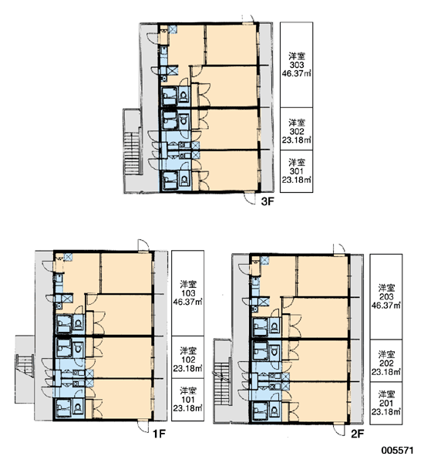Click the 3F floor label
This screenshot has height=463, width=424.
tap(268, 201)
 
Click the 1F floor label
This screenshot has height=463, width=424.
tap(160, 434)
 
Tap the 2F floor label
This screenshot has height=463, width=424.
tap(357, 434)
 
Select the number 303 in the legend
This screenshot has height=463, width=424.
tap(297, 65)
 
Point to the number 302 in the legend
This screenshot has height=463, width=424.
tap(297, 131)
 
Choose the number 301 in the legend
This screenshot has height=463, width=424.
tap(297, 171)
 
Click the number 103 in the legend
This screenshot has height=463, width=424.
tap(188, 293)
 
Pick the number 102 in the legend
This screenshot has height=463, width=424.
tap(188, 360)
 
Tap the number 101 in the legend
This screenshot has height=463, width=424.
tap(188, 400)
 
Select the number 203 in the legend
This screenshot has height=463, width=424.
tap(386, 297)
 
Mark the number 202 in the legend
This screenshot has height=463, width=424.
tap(386, 363)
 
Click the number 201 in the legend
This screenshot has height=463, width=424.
tap(386, 403)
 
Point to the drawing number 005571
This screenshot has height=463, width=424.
tap(398, 451)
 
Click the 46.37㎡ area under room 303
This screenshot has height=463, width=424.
tap(297, 73)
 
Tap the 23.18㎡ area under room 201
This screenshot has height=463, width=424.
tap(386, 411)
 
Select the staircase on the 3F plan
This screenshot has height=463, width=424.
tap(132, 153)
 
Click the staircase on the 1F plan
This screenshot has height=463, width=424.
tap(25, 366)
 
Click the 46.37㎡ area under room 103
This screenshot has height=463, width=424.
tap(188, 302)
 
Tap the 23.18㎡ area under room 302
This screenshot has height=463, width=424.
tap(297, 140)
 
